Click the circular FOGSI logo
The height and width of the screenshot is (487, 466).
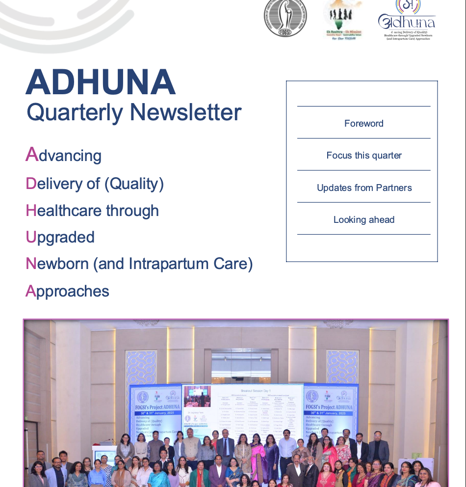285,18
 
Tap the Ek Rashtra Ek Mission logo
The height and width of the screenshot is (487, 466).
343,20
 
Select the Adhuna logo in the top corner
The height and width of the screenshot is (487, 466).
407,20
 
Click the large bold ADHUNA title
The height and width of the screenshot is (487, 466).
101,82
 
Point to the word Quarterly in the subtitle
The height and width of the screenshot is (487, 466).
75,112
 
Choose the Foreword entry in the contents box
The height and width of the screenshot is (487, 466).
363,123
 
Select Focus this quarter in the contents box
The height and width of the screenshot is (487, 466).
363,155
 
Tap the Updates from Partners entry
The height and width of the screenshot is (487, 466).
363,188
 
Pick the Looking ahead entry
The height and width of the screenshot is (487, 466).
363,219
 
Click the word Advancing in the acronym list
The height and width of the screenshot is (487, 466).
64,156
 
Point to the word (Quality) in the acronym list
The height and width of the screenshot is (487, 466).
133,184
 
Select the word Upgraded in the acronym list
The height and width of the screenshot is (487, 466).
60,237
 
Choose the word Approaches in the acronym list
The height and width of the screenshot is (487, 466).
67,291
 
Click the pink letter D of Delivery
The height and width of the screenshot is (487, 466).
31,184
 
